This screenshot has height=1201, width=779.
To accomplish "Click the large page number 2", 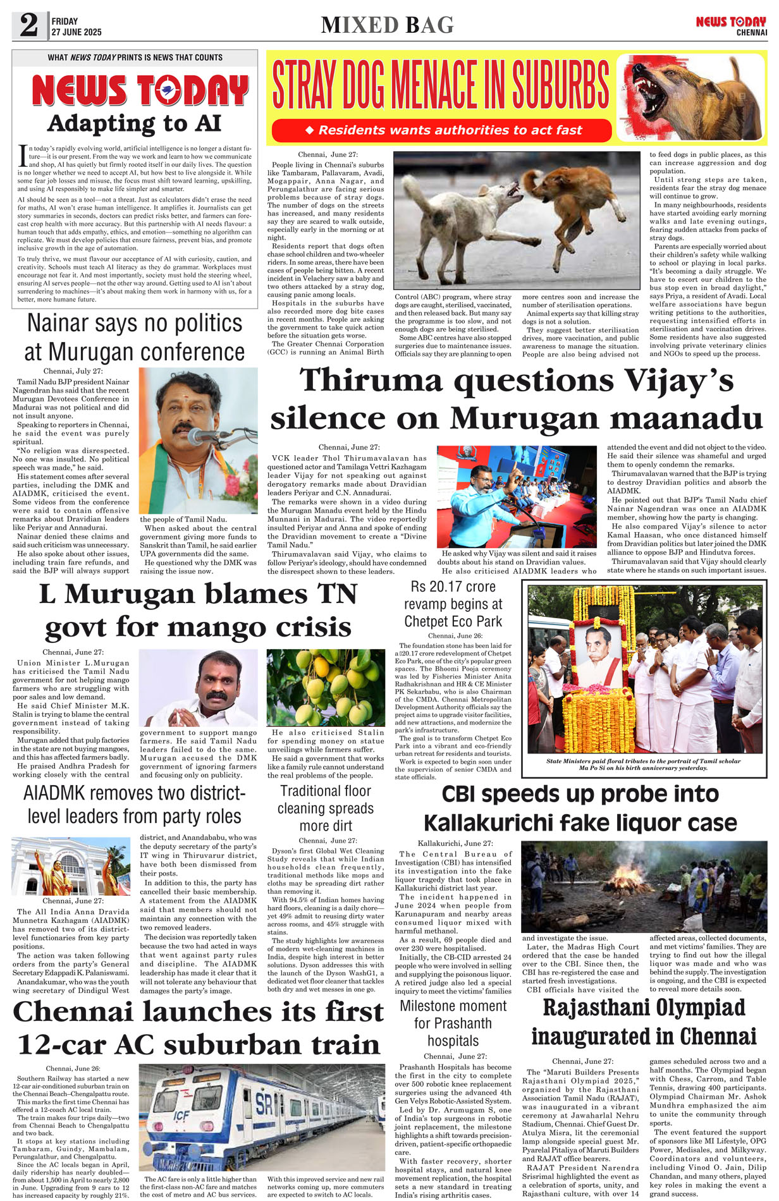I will [28, 25].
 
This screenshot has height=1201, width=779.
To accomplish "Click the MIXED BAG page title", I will [387, 25].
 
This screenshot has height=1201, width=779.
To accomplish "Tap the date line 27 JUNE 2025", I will [77, 32].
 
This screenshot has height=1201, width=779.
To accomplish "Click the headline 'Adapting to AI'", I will [134, 123].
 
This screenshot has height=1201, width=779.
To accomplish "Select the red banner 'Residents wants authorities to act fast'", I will [442, 130].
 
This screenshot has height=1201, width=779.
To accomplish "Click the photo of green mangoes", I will [325, 688].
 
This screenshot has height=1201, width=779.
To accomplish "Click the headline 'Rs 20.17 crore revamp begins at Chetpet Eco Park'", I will [453, 604].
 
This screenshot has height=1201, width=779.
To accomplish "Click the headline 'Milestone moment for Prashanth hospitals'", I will [453, 1023].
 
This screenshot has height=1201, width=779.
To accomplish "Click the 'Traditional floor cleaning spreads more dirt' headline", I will [326, 808].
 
